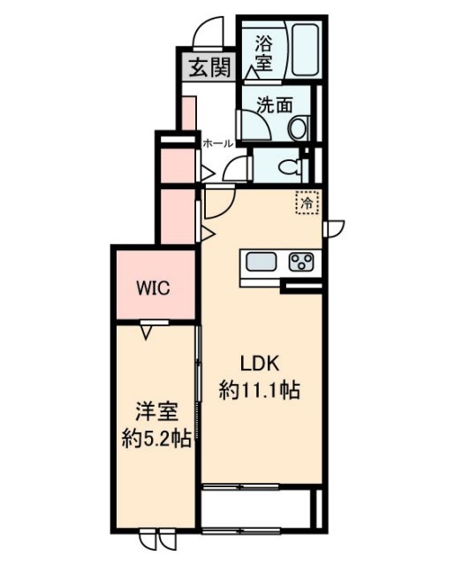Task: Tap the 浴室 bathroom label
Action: coord(263,52)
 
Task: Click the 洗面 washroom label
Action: coord(274,104)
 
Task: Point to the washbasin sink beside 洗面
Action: coord(298,127)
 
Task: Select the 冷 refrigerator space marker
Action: coord(307,203)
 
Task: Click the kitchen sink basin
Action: coord(262,263)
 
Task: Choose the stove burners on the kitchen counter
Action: coord(302,262)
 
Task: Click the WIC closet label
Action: coord(152,287)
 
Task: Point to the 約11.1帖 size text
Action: coord(260,389)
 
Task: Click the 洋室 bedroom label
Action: coord(152,411)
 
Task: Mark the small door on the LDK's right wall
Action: coord(334,228)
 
